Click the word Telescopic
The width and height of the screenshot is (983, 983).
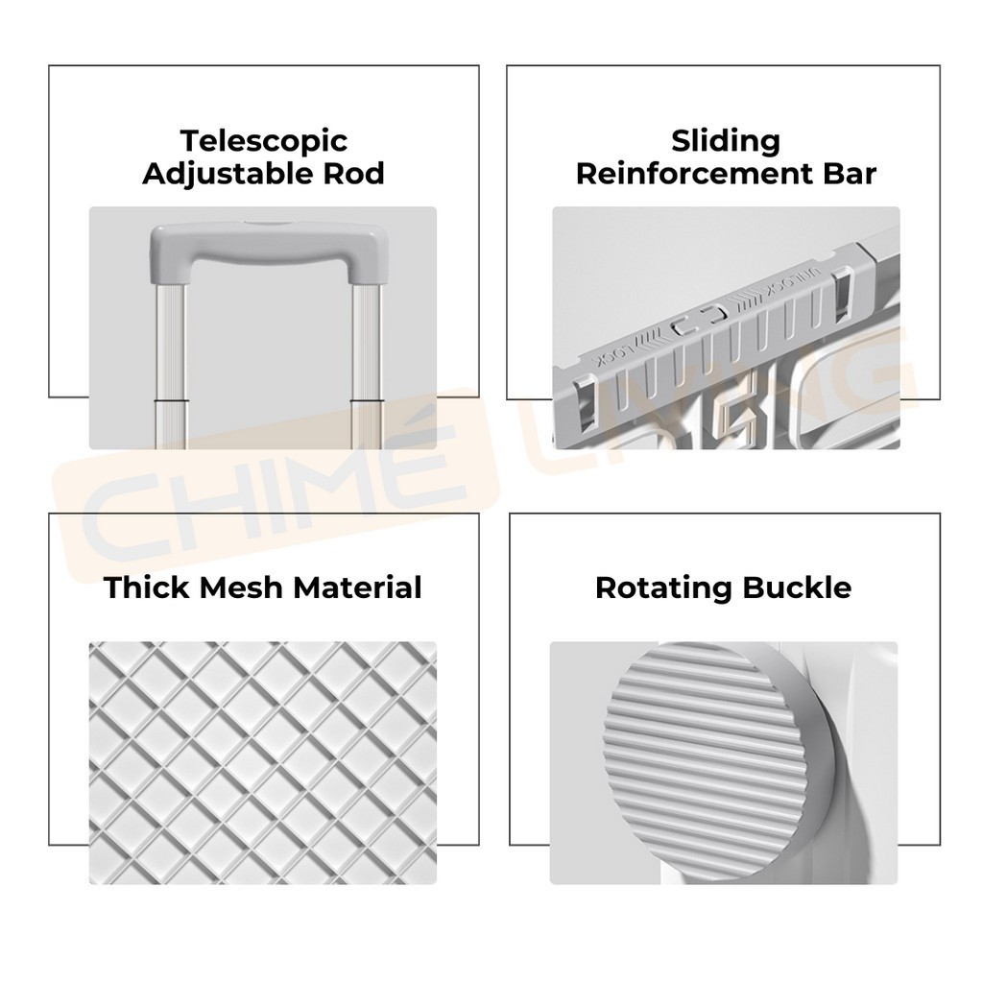[x=263, y=140]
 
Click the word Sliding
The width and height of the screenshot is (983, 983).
[x=725, y=140]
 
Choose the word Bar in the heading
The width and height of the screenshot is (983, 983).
[x=846, y=174]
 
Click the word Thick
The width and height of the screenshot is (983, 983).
[x=148, y=587]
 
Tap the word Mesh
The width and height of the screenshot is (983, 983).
[x=240, y=587]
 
